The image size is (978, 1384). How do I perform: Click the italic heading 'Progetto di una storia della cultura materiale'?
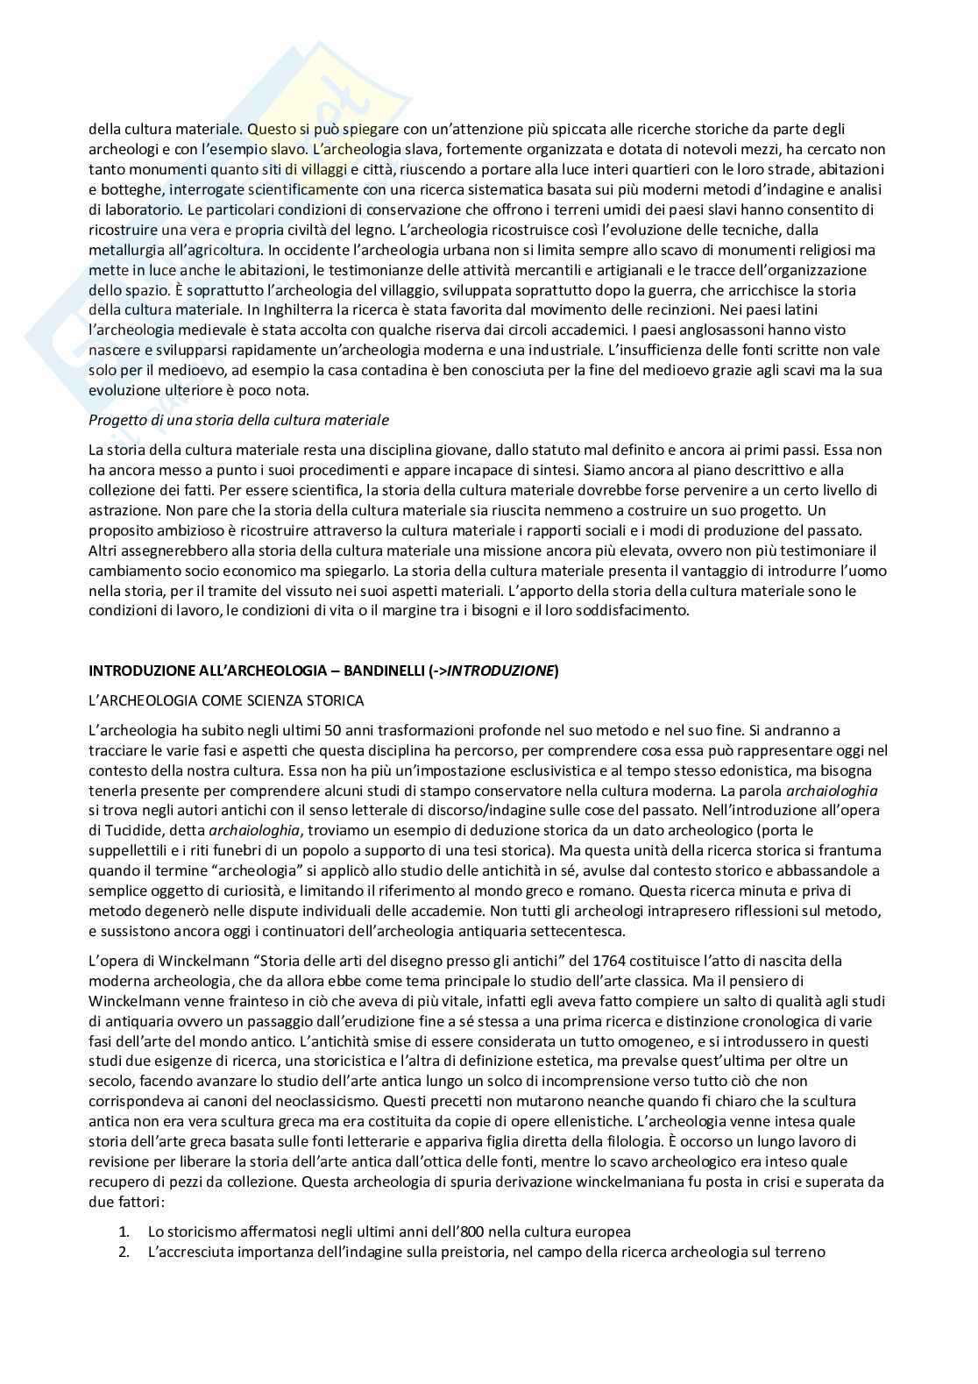click(238, 420)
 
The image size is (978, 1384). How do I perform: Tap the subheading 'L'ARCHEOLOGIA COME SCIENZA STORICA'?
click(226, 700)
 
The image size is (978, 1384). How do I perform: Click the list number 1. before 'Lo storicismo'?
click(124, 1231)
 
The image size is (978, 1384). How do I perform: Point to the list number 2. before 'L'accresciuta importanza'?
click(124, 1252)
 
